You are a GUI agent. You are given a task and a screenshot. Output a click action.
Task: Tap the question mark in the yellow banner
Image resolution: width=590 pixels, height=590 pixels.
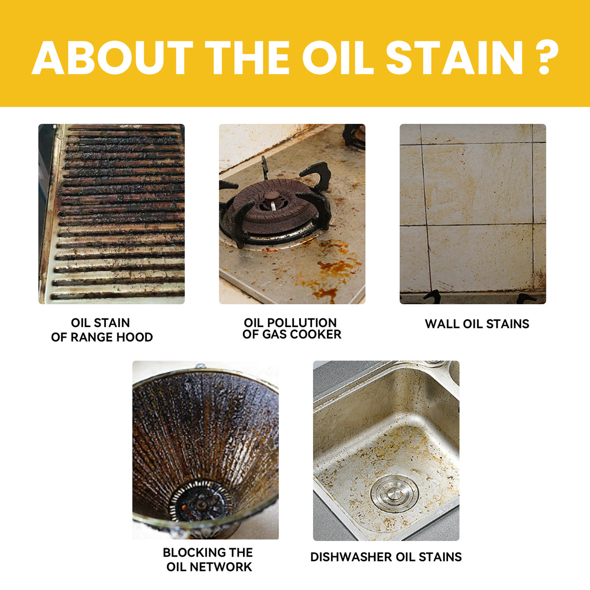pos(548,58)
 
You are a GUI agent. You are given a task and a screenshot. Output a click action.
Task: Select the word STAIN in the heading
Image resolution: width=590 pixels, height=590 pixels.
pos(454,58)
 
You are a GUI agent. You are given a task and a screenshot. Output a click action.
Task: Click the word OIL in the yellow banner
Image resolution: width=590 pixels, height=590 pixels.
pos(337,58)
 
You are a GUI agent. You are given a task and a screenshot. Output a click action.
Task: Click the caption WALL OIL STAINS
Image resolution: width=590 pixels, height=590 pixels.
pos(477,324)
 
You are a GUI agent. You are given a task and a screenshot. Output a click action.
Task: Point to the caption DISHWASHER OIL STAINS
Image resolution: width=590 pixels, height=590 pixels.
pos(386,557)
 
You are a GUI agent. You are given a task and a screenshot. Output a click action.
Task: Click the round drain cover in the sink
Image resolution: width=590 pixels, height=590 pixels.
pos(394,494)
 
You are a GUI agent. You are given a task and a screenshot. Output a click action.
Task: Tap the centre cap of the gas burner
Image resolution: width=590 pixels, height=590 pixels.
pos(272,197)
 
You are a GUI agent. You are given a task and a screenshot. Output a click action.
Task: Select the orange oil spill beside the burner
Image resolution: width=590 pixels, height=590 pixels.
pos(335,267)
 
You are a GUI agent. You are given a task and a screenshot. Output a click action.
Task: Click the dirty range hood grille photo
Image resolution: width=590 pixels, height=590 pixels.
pos(112,214)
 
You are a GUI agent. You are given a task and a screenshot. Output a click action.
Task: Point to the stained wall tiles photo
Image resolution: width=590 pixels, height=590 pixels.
pos(472,214)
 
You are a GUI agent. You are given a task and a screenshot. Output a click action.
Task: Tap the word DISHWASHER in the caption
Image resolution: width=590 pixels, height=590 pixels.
pos(351,557)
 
